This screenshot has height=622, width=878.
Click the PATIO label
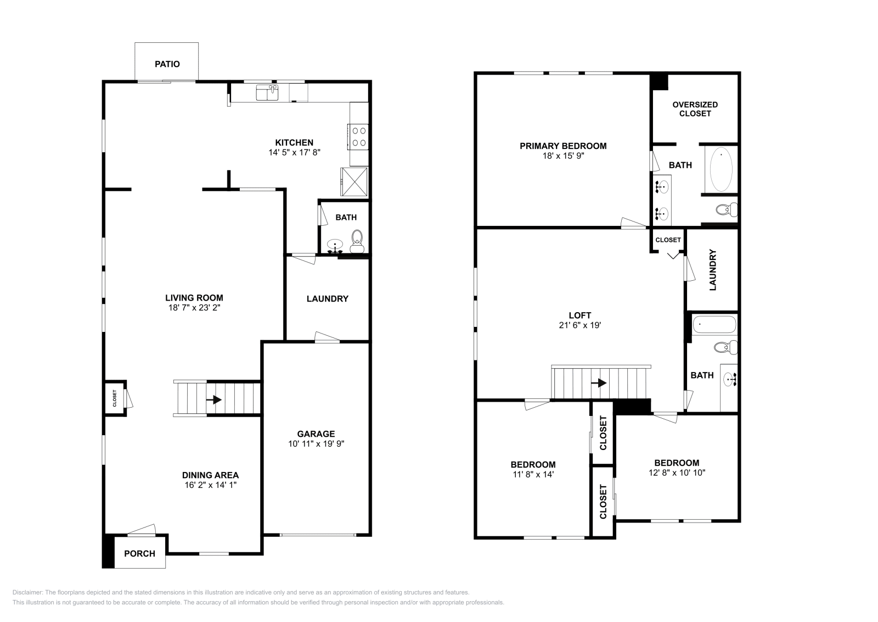(x=167, y=64)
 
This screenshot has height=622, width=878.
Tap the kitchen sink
(x=267, y=93)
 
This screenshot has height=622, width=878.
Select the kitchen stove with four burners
(x=358, y=137)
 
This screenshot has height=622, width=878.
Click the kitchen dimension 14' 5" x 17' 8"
(x=294, y=152)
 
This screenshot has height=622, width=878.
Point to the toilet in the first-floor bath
(x=357, y=241)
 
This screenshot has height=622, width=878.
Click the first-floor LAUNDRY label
(x=327, y=299)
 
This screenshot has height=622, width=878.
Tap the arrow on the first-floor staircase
(x=213, y=399)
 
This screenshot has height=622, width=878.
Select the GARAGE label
(x=316, y=434)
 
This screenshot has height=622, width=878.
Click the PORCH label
(x=139, y=553)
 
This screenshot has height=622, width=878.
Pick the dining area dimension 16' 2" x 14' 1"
(x=211, y=485)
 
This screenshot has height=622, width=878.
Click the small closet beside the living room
(x=115, y=398)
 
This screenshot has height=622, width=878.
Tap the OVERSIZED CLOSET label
(x=695, y=109)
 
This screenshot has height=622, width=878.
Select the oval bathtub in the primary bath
(x=721, y=169)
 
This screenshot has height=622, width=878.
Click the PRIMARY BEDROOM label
(x=563, y=146)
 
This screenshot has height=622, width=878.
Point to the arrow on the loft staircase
(x=599, y=382)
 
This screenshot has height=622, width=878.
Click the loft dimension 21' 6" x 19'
(x=579, y=325)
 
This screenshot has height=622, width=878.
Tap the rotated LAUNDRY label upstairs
(x=713, y=270)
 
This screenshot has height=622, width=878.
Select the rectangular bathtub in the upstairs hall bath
(x=714, y=325)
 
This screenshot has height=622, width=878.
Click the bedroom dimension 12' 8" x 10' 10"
(x=677, y=473)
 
